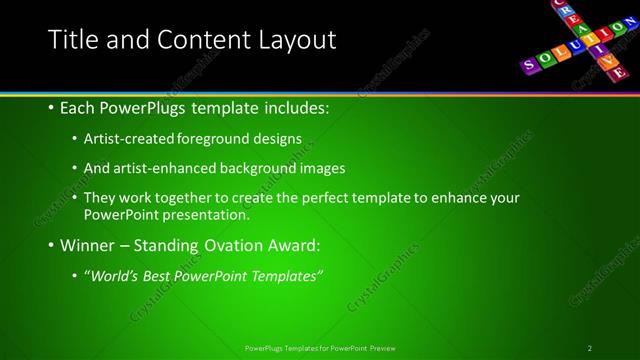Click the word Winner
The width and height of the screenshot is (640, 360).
click(x=88, y=244)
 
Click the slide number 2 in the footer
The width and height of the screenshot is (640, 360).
click(x=590, y=347)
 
